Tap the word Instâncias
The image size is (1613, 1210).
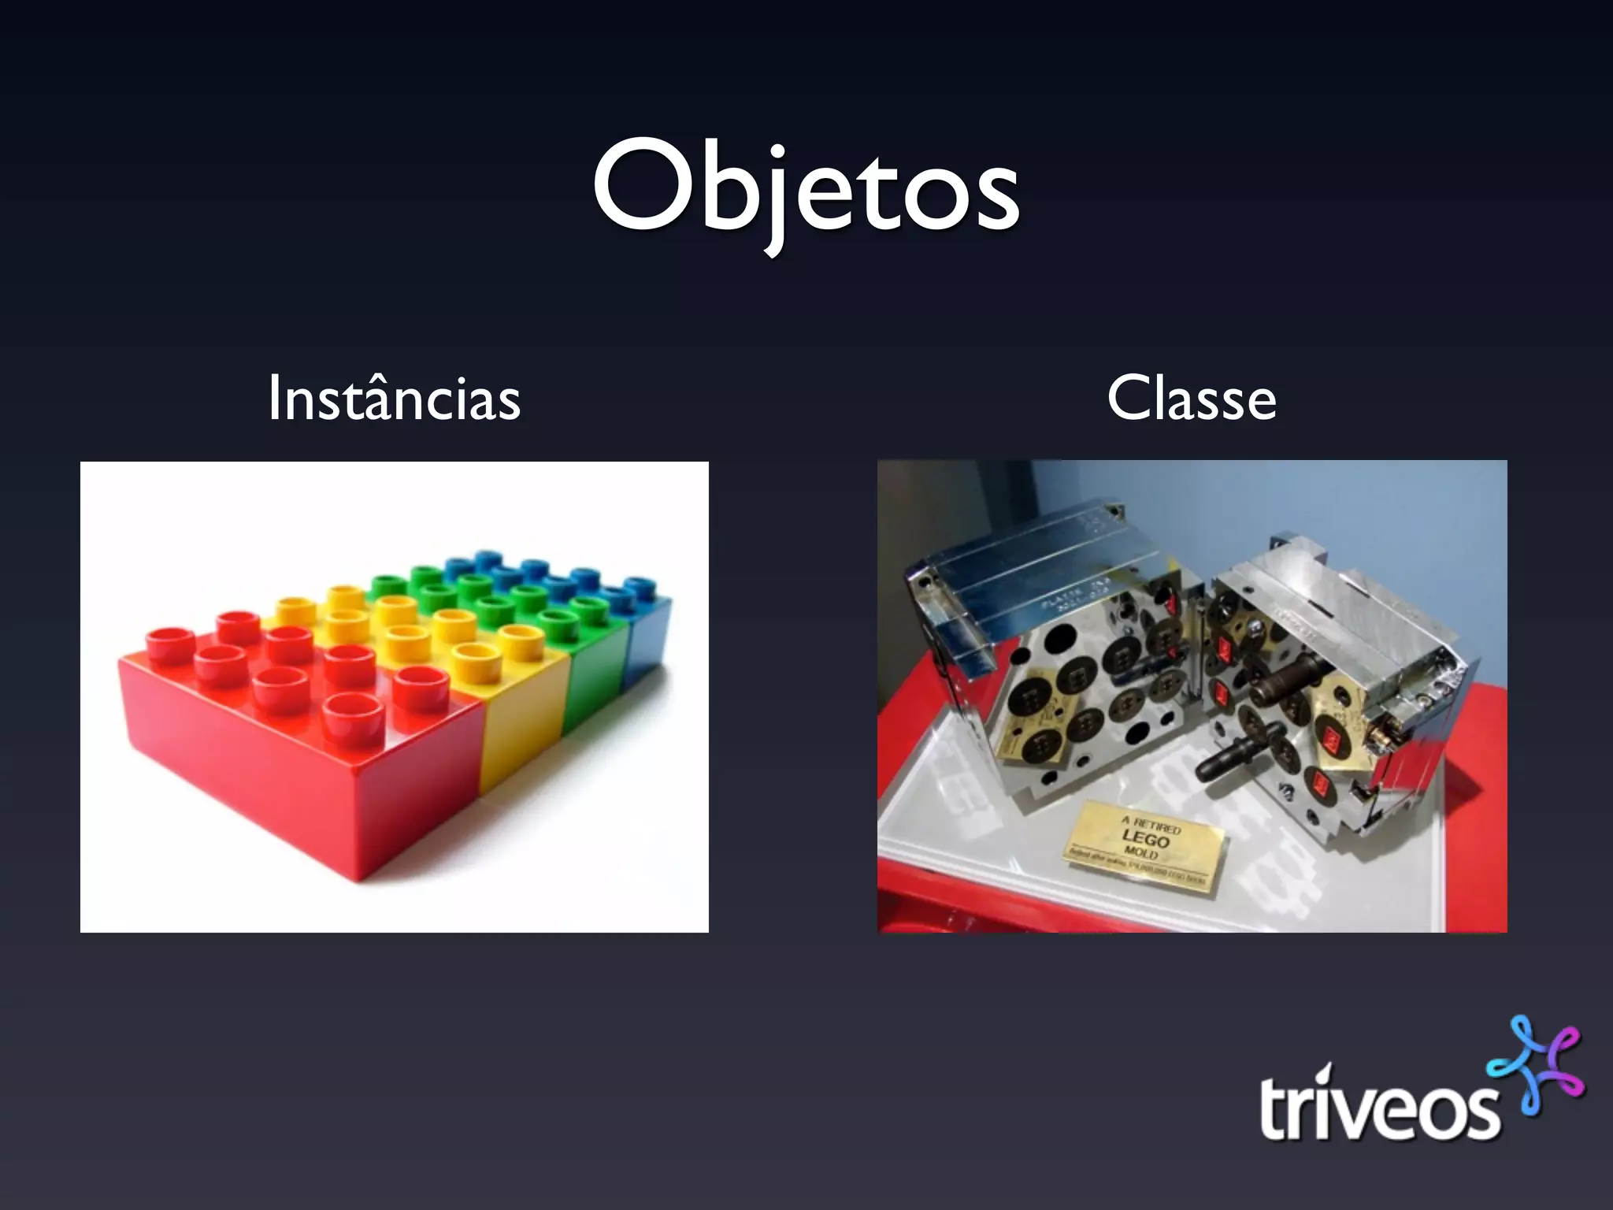(394, 399)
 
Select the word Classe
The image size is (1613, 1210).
(1191, 399)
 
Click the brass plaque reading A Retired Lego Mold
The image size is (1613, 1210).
(1142, 847)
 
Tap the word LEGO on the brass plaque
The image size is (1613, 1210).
(1146, 840)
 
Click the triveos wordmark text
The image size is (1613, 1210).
(1378, 1107)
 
